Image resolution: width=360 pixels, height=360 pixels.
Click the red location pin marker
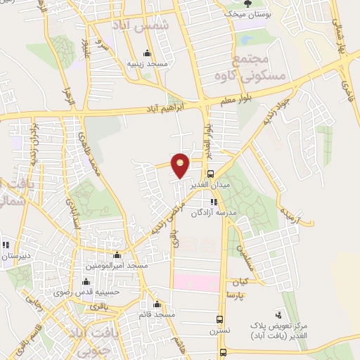tap(181, 165)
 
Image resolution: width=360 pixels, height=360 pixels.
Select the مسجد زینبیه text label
tap(147, 64)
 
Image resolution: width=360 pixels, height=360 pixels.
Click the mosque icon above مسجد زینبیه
tap(146, 53)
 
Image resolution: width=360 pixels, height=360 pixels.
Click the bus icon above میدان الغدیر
tap(211, 174)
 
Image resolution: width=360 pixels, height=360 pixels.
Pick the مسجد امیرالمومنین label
tap(117, 266)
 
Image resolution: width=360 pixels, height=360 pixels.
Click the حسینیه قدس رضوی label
tap(105, 290)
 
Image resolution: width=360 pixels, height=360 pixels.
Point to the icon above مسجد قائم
tap(156, 306)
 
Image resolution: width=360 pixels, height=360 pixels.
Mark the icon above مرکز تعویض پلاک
tap(280, 315)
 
